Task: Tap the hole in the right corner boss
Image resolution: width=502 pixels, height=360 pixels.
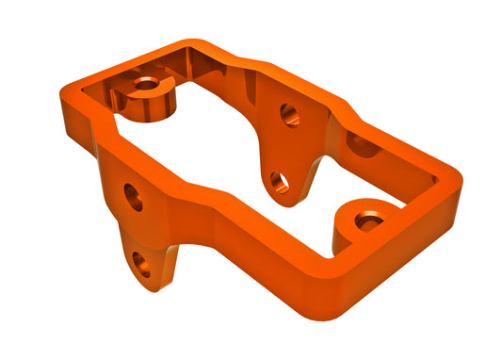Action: [369, 221]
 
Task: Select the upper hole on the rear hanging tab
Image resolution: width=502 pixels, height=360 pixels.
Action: [290, 116]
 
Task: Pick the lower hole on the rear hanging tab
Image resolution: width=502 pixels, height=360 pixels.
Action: [280, 180]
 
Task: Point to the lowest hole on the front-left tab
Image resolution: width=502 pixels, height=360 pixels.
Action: [142, 266]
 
